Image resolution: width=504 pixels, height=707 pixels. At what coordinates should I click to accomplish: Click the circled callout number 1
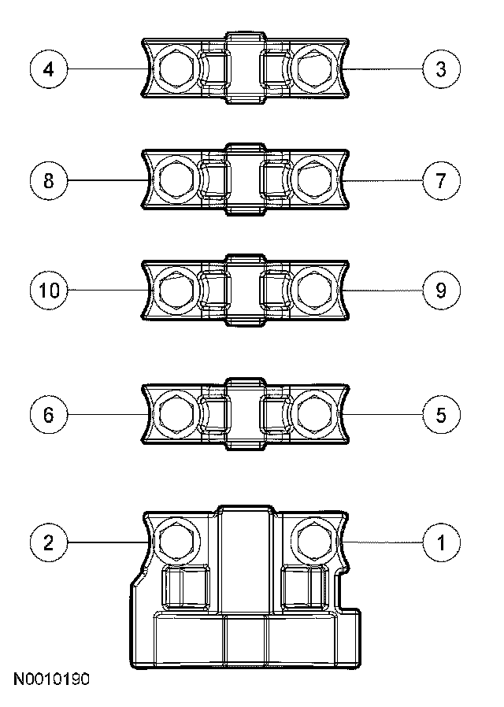[441, 542]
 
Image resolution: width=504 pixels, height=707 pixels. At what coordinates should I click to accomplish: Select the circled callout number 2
[49, 542]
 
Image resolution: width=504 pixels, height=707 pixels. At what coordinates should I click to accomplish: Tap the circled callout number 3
[441, 69]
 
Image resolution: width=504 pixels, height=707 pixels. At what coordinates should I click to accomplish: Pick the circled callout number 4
[49, 69]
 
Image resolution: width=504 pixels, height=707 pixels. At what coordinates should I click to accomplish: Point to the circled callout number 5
[441, 414]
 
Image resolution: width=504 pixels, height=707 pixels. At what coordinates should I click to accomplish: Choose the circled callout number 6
[49, 414]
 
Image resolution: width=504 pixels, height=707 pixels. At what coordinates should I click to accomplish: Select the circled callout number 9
[441, 291]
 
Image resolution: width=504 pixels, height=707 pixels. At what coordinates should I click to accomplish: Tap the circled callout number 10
[49, 291]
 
